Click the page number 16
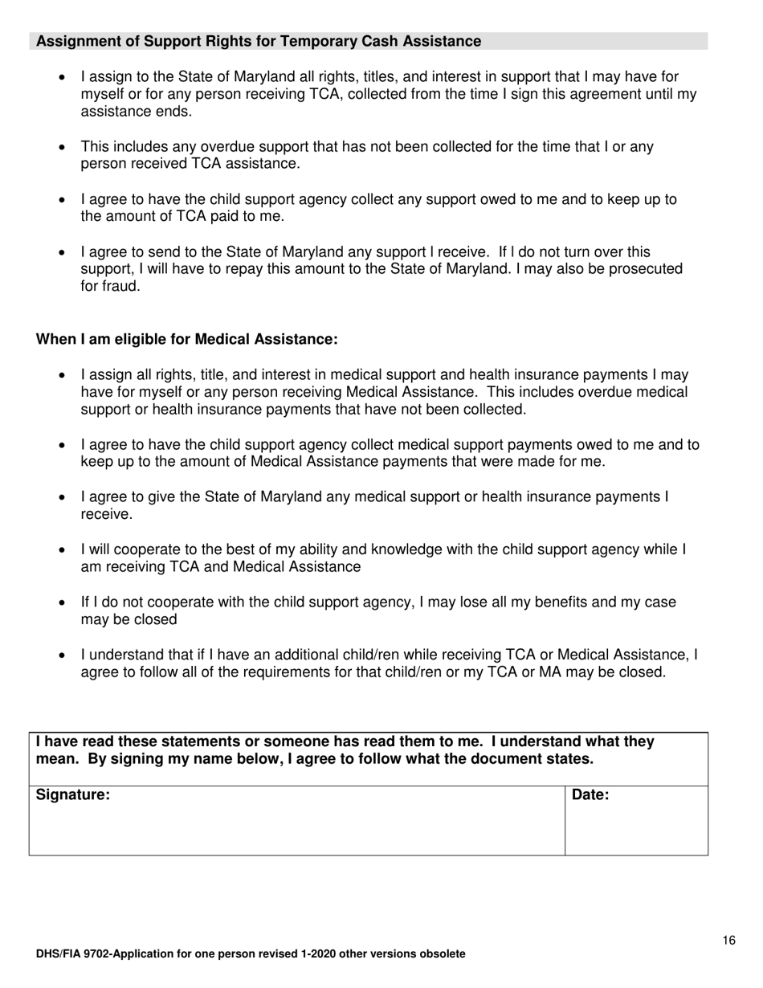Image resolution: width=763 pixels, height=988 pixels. click(x=728, y=941)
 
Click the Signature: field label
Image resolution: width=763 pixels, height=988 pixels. click(x=73, y=796)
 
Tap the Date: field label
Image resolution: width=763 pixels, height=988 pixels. click(x=590, y=796)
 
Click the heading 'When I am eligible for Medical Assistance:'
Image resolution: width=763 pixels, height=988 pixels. click(x=186, y=340)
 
